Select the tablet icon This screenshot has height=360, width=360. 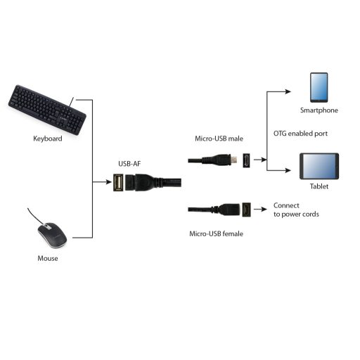point(319,167)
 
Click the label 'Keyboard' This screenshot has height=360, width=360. point(48,139)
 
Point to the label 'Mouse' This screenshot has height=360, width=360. point(48,259)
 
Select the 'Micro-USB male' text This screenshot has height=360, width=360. point(218,139)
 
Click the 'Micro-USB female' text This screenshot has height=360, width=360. point(217,233)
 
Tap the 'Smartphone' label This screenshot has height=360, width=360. point(319,111)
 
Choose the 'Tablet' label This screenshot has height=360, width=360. point(319,187)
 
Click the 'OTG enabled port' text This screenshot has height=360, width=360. point(301,134)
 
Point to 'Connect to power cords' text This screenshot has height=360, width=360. point(295,210)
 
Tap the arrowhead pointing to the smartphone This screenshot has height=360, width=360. point(289,91)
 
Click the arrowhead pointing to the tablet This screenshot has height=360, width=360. point(289,171)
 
